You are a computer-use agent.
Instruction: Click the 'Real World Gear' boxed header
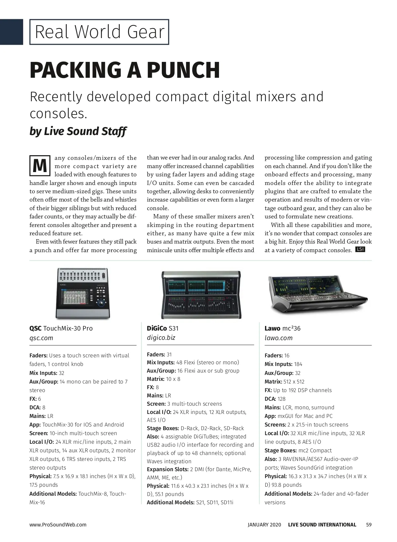99,32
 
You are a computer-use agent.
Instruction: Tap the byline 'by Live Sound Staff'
78,131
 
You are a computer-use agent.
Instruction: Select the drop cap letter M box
40,166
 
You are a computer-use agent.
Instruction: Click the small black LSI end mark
360,249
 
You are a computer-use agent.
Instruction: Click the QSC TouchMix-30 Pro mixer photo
82,293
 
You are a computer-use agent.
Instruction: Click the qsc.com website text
41,338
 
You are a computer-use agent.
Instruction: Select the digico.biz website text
161,338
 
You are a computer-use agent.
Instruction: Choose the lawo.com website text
279,338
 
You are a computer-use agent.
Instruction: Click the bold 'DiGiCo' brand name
157,329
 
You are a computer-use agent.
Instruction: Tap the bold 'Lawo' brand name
272,329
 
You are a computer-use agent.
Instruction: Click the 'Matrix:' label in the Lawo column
273,382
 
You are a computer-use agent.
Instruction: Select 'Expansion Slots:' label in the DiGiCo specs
168,470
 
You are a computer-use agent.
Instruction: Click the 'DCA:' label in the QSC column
35,407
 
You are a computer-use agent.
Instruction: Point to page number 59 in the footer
369,524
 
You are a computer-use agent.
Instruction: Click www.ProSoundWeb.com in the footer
58,524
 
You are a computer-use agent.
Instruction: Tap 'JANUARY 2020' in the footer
264,524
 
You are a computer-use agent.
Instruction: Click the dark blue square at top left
12,32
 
